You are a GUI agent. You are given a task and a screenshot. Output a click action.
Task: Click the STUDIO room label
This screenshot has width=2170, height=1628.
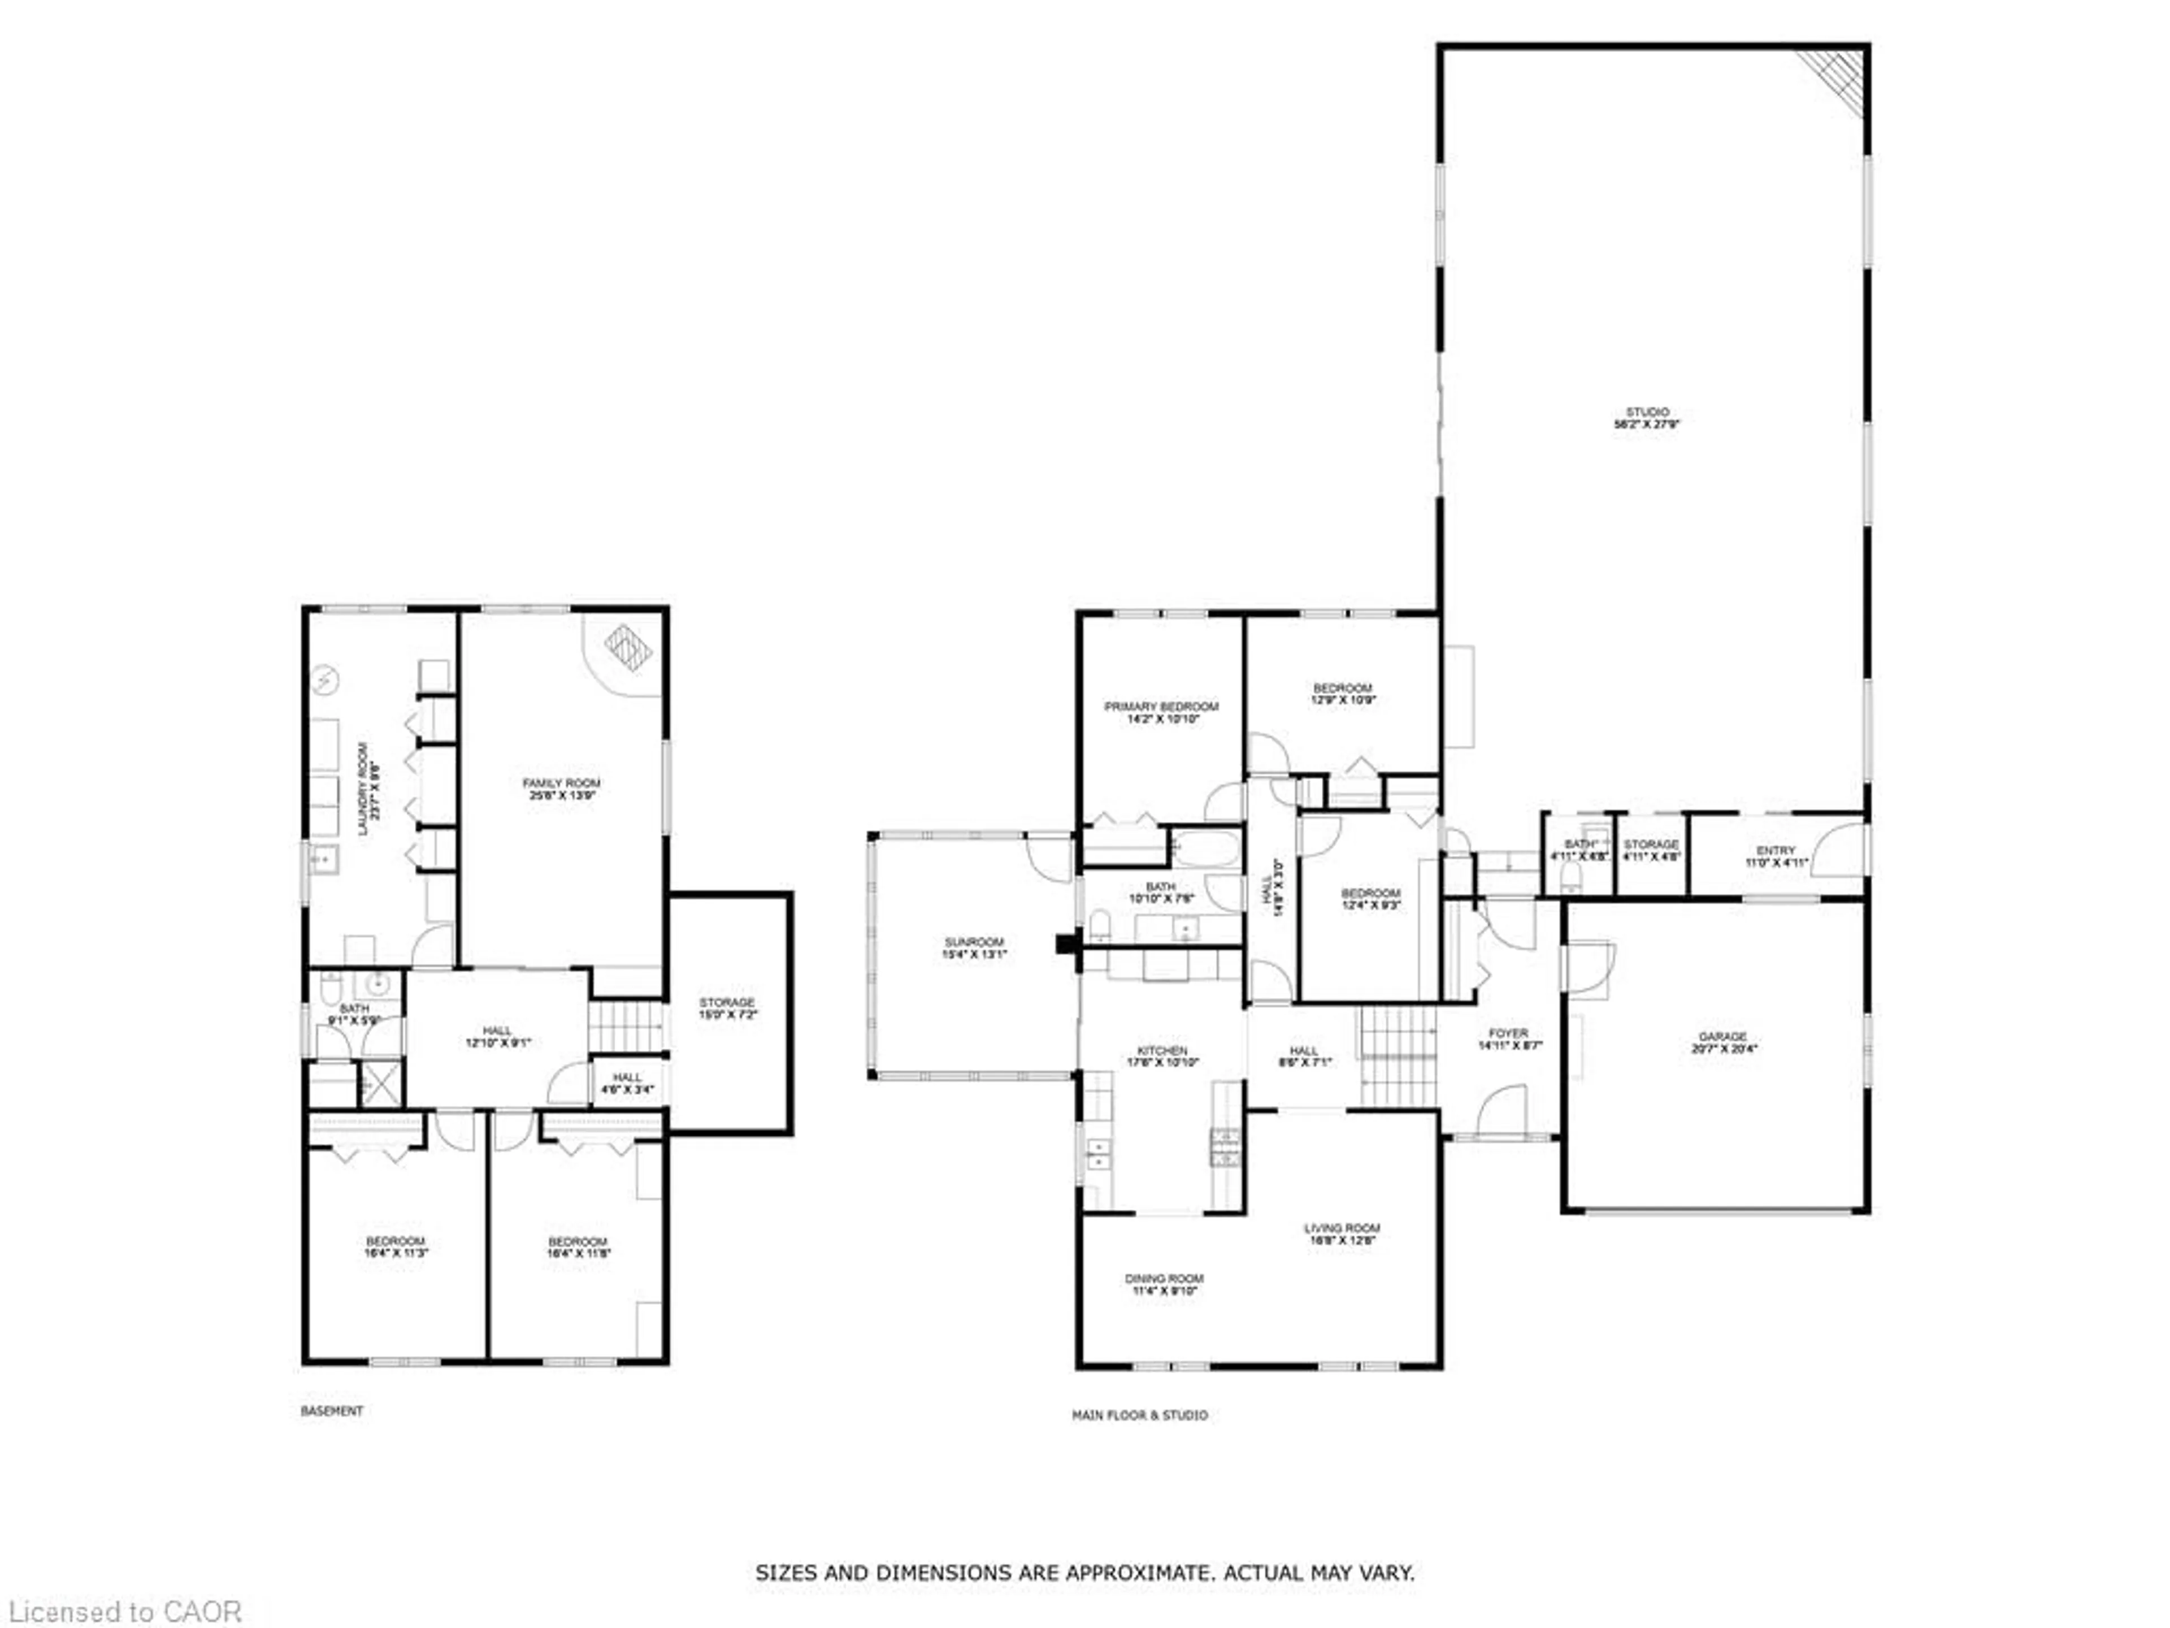click(x=1647, y=418)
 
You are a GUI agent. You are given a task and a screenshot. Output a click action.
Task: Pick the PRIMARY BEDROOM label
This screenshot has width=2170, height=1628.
click(x=1161, y=712)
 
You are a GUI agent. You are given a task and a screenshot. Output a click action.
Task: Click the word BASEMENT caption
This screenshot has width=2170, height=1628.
click(x=332, y=1411)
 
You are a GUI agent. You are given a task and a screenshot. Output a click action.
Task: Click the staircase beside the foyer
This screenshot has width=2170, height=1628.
click(x=1398, y=1055)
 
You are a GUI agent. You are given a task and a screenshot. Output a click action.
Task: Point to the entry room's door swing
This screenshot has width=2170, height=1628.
click(x=1838, y=850)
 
